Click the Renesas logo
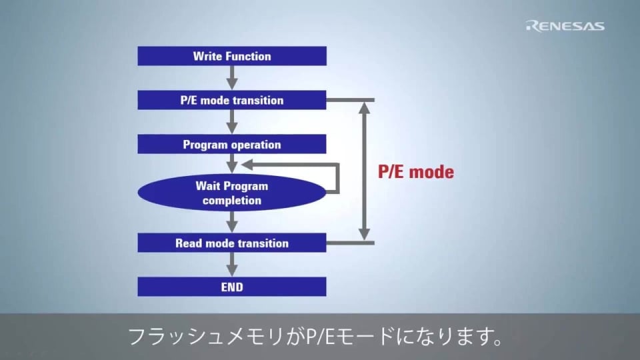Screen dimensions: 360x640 (x=565, y=26)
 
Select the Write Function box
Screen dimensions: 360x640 (x=232, y=56)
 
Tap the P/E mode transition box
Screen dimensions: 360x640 (x=232, y=100)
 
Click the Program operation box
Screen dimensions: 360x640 (x=232, y=145)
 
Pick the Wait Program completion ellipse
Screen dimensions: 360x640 (x=232, y=192)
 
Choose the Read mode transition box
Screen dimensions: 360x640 (x=232, y=243)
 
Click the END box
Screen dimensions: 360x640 (x=232, y=287)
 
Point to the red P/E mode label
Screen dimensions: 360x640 (x=416, y=172)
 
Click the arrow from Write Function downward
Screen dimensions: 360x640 (x=232, y=77)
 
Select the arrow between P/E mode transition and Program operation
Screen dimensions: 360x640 (x=232, y=122)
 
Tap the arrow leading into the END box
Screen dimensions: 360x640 (x=232, y=265)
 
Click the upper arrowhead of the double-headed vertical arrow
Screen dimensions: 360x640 (x=364, y=106)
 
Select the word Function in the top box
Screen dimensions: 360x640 (x=249, y=56)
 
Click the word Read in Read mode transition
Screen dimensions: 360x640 (x=188, y=243)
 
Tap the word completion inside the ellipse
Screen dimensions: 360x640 (x=232, y=200)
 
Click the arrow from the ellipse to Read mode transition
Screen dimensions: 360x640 (x=232, y=222)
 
